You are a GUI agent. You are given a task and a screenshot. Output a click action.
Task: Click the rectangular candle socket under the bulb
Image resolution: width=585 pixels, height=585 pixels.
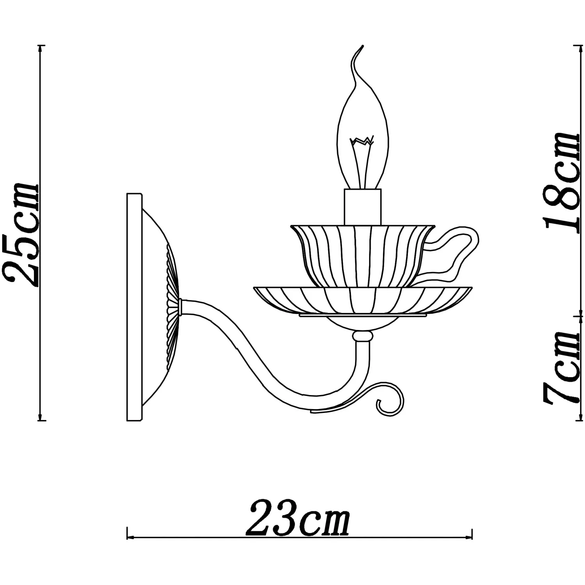click(x=362, y=207)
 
